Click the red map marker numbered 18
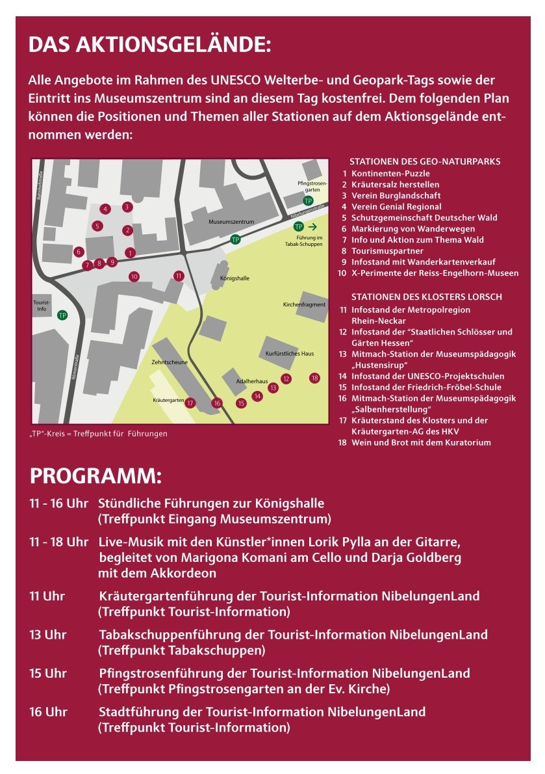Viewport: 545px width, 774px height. point(314,378)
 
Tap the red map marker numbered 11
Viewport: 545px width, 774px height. point(179,275)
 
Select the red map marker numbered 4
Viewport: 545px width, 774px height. point(105,209)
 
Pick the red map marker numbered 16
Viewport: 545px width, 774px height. point(217,403)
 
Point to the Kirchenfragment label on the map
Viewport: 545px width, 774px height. point(304,304)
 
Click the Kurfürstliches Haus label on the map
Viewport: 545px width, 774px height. point(290,353)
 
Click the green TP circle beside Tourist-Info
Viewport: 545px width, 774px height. point(62,315)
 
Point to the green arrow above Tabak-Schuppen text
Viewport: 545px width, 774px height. point(312,226)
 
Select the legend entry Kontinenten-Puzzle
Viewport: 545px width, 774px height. point(390,174)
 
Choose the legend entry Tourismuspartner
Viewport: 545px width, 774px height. point(387,251)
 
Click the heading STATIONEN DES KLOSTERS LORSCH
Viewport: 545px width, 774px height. point(426,297)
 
